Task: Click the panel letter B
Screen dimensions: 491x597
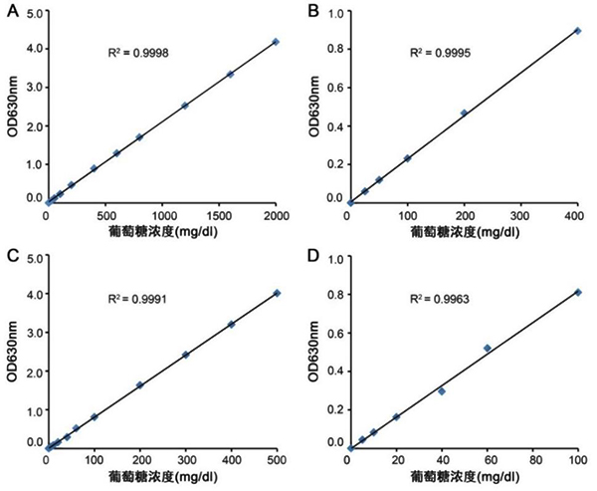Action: pyautogui.click(x=313, y=13)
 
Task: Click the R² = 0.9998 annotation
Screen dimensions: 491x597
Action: pyautogui.click(x=136, y=51)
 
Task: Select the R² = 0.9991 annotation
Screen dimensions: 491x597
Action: pyautogui.click(x=136, y=296)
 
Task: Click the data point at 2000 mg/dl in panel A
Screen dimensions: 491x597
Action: pyautogui.click(x=276, y=42)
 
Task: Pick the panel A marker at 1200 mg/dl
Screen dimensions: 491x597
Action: pyautogui.click(x=185, y=106)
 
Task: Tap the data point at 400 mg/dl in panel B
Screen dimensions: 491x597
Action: pyautogui.click(x=577, y=31)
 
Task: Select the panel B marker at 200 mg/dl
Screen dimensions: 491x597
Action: pyautogui.click(x=464, y=113)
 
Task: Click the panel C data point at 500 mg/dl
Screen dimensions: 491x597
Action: pyautogui.click(x=277, y=293)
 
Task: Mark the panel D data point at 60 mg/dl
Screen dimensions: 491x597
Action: pyautogui.click(x=487, y=348)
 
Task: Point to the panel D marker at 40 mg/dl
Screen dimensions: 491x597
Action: pyautogui.click(x=441, y=391)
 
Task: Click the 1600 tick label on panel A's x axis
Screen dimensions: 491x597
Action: pyautogui.click(x=230, y=215)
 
